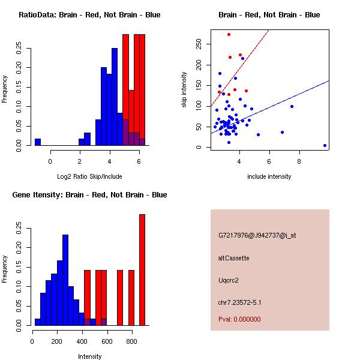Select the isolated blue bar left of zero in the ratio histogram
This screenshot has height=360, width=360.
38,142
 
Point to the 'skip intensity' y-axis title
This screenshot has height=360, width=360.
184,90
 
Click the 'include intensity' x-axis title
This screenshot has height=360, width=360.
269,176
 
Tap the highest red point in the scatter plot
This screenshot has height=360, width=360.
229,34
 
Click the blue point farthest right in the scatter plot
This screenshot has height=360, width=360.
325,145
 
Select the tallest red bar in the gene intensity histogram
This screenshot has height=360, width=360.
142,270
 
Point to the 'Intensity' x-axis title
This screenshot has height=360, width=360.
89,356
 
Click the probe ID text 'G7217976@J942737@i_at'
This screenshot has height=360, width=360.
257,235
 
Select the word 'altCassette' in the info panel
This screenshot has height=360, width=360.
233,258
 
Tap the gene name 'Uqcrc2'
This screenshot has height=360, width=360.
229,280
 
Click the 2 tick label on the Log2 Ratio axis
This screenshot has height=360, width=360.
80,161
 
